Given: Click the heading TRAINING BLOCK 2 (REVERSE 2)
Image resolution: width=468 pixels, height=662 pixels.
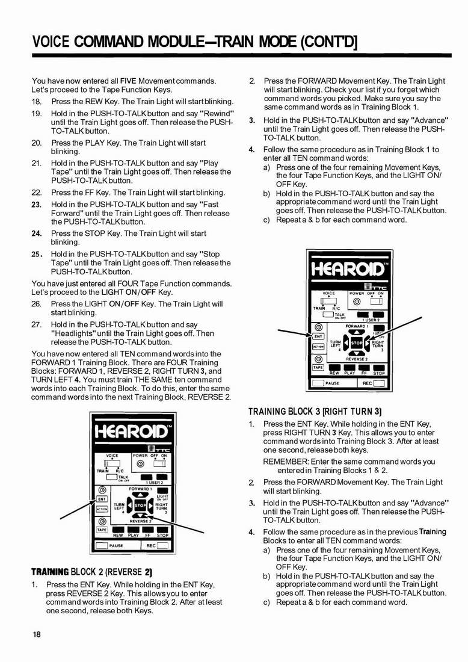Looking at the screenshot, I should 91,571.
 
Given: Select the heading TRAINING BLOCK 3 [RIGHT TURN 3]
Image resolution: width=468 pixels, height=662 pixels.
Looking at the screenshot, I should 315,412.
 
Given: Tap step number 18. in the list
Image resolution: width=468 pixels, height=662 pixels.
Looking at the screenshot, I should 37,101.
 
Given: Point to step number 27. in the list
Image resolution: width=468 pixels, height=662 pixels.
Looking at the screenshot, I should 37,324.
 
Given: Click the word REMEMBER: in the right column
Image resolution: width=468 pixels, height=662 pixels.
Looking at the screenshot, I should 286,462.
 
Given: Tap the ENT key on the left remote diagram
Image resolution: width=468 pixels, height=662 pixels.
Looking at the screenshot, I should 102,499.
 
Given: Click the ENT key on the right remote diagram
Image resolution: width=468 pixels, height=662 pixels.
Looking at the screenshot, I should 318,336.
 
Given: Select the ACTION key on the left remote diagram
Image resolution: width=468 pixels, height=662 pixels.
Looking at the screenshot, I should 102,509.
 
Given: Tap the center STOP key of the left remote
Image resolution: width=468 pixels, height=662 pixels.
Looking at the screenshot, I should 140,504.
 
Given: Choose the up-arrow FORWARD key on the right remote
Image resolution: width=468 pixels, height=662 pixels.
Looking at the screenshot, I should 357,332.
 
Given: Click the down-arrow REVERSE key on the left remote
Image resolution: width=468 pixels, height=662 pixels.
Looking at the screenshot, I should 140,516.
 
